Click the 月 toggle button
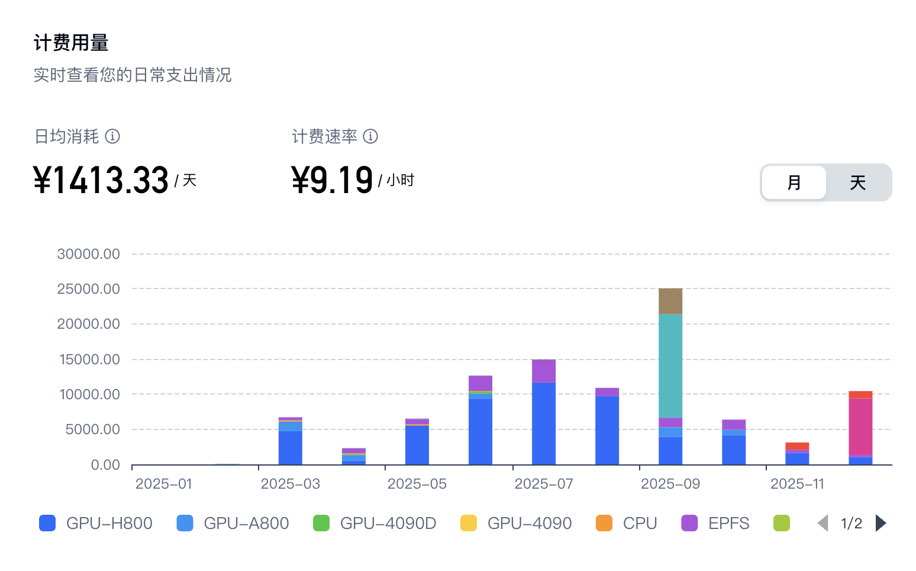pyautogui.click(x=794, y=182)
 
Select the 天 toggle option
pyautogui.click(x=857, y=182)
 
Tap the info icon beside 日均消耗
pyautogui.click(x=112, y=136)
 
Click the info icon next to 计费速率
pyautogui.click(x=370, y=136)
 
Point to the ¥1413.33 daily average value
pyautogui.click(x=101, y=180)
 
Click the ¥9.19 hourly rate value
pyautogui.click(x=332, y=180)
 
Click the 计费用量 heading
pyautogui.click(x=71, y=43)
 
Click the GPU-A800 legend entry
pyautogui.click(x=233, y=523)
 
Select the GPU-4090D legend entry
pyautogui.click(x=375, y=523)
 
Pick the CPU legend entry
pyautogui.click(x=627, y=523)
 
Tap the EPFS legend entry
pyautogui.click(x=715, y=523)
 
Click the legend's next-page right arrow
pyautogui.click(x=880, y=523)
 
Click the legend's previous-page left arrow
pyautogui.click(x=823, y=523)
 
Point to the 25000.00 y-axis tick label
pyautogui.click(x=89, y=289)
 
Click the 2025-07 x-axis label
pyautogui.click(x=544, y=484)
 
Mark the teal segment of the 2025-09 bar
pyautogui.click(x=670, y=365)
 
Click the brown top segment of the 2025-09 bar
pyautogui.click(x=670, y=301)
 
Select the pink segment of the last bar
pyautogui.click(x=860, y=426)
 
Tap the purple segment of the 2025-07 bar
pyautogui.click(x=544, y=371)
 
